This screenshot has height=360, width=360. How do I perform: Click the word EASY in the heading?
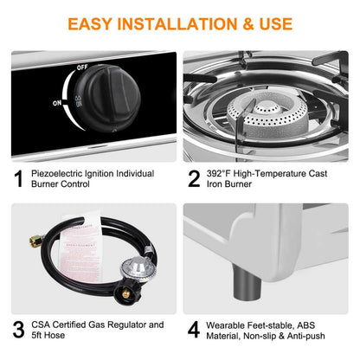[93, 23]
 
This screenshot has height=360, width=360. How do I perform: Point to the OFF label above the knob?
[81, 67]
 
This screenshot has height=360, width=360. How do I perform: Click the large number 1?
[18, 179]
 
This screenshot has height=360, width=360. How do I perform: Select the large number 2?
[195, 179]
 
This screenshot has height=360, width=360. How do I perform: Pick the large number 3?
[18, 331]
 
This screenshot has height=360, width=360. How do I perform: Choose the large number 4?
[195, 331]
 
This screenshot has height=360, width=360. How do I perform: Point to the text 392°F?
[224, 173]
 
